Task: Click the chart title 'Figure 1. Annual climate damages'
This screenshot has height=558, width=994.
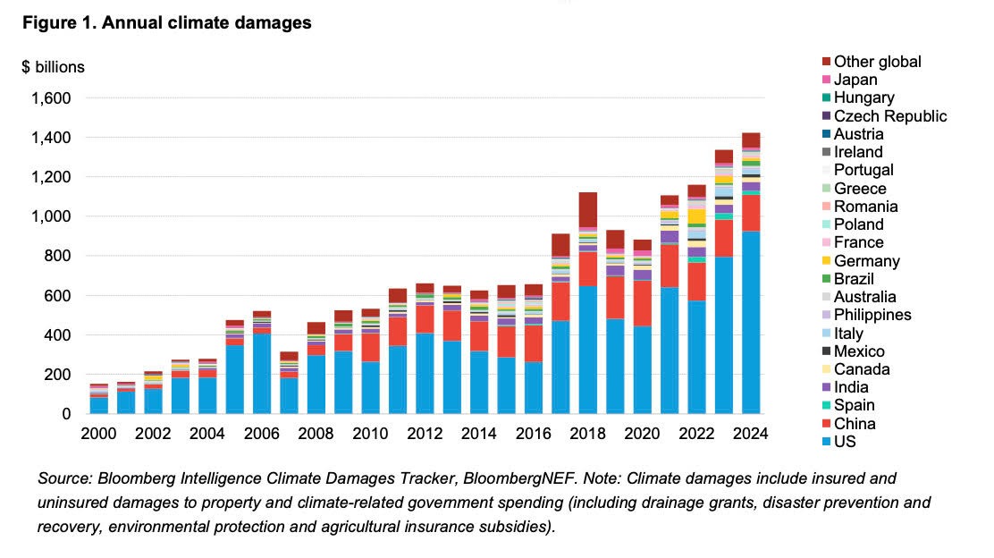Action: click(x=166, y=23)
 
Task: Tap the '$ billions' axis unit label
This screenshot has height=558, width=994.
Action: click(x=53, y=68)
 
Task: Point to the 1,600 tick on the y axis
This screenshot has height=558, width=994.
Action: click(x=51, y=97)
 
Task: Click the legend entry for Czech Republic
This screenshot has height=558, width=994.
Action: click(x=889, y=116)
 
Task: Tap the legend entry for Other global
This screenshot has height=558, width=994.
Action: click(x=877, y=62)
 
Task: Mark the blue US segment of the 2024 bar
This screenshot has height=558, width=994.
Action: click(x=751, y=322)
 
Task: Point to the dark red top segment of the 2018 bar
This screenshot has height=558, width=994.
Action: click(x=588, y=208)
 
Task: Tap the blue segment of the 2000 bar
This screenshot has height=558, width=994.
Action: click(x=99, y=405)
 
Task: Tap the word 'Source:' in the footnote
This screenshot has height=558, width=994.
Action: click(x=63, y=479)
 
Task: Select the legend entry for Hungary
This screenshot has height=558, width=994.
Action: click(x=863, y=97)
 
